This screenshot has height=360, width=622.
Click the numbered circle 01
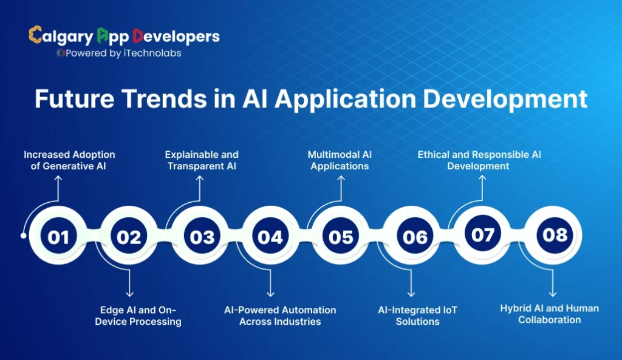click(59, 236)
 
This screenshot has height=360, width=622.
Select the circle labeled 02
click(129, 236)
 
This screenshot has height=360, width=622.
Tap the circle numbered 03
click(200, 236)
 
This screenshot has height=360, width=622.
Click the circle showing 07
click(484, 234)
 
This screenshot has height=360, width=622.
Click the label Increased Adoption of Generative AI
click(69, 160)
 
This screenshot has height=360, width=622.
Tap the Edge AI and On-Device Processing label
click(138, 316)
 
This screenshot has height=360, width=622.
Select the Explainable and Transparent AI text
click(202, 160)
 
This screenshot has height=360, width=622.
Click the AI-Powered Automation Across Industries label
click(280, 316)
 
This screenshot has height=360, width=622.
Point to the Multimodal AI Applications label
click(340, 160)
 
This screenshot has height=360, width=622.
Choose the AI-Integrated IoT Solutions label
click(417, 316)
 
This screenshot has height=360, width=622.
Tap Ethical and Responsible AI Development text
click(479, 160)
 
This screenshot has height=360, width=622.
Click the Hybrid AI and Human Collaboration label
click(549, 314)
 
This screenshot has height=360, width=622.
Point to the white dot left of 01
click(24, 236)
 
